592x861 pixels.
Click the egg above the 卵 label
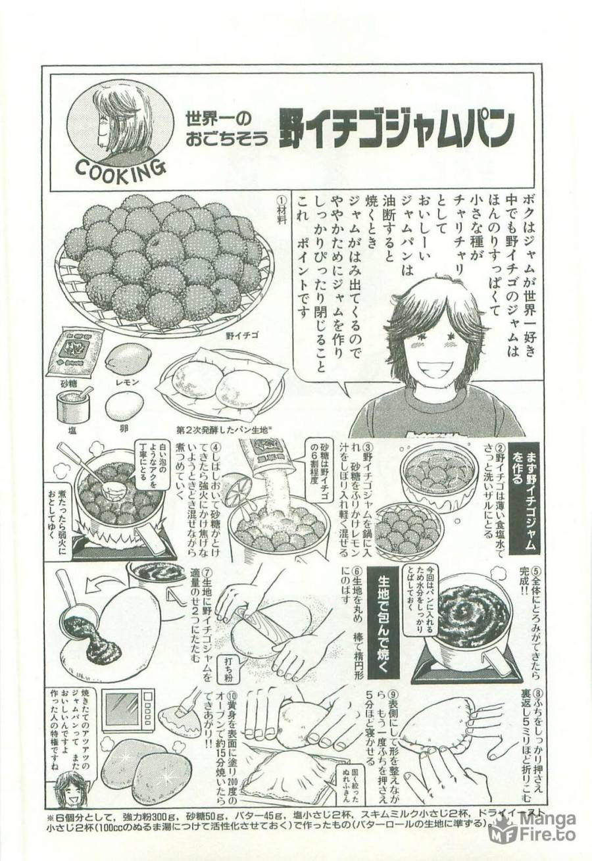click(x=124, y=406)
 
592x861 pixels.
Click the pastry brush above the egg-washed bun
click(x=191, y=699)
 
